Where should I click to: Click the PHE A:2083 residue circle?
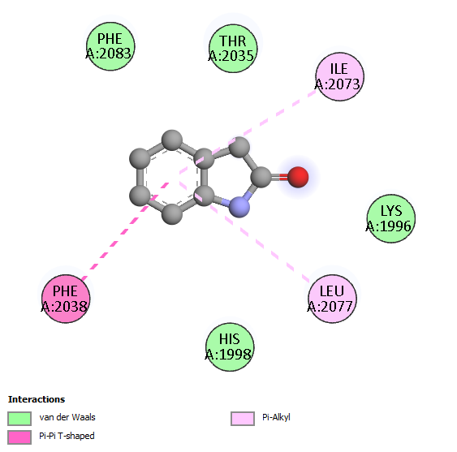click(110, 46)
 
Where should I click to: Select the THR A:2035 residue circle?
click(233, 49)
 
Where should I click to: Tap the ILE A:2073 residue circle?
click(339, 76)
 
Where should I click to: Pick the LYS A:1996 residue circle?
click(390, 218)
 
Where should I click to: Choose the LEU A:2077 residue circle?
click(332, 299)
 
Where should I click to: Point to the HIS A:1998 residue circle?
click(230, 347)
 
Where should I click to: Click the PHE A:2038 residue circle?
click(66, 299)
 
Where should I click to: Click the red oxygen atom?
click(298, 177)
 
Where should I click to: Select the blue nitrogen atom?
click(239, 207)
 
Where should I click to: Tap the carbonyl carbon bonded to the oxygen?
click(261, 177)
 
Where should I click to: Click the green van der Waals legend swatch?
click(19, 419)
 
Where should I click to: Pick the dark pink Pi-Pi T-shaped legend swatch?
click(19, 437)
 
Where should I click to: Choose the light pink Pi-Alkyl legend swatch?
click(243, 419)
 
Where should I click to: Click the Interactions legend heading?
click(37, 399)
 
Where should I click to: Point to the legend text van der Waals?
click(67, 417)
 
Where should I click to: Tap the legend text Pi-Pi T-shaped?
click(67, 436)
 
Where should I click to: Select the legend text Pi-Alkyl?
click(276, 417)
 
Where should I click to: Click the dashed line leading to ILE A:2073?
click(248, 131)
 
